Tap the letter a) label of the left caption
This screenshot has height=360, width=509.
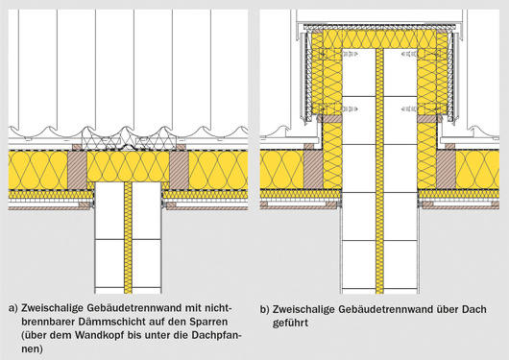click(x=13, y=309)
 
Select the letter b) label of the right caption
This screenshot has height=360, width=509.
click(x=264, y=310)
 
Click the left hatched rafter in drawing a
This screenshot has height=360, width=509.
click(x=77, y=170)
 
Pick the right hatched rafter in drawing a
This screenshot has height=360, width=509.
click(x=179, y=170)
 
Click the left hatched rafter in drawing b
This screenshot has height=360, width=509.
click(x=313, y=170)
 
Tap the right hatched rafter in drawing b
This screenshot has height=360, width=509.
click(x=446, y=170)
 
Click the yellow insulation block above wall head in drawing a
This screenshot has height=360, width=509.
click(x=129, y=166)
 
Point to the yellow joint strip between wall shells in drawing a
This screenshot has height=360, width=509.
click(x=129, y=238)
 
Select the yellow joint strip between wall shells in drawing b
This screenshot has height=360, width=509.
click(x=379, y=171)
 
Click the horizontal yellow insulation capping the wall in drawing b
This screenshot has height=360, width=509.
click(x=379, y=39)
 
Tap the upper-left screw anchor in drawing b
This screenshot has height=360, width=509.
click(x=350, y=54)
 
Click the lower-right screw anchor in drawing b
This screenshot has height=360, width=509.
click(x=409, y=109)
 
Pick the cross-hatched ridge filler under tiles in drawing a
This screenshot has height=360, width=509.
click(x=129, y=139)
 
